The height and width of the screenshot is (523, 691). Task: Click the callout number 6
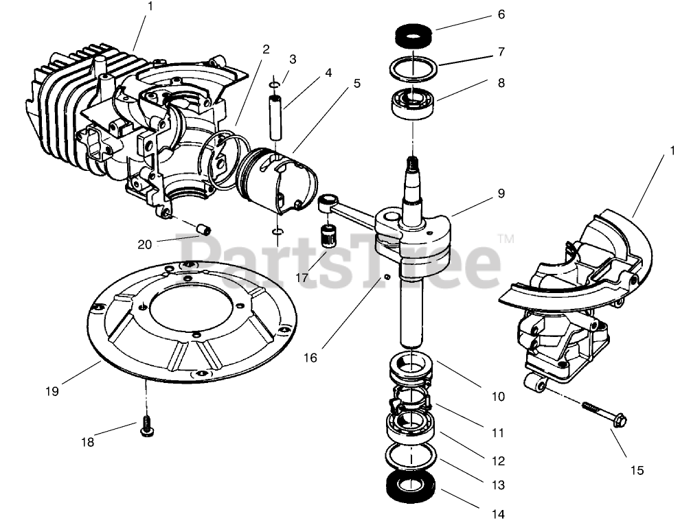point(501,14)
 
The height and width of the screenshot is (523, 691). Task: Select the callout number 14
point(498,514)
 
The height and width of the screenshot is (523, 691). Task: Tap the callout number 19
point(53,391)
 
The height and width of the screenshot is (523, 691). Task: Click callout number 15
point(637,470)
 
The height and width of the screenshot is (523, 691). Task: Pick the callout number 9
point(501,194)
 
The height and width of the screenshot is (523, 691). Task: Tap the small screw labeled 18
point(146,425)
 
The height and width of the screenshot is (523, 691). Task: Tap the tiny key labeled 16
point(387,277)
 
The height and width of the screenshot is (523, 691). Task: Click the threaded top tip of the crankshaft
point(414,163)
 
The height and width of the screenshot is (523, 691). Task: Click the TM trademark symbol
point(506,239)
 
